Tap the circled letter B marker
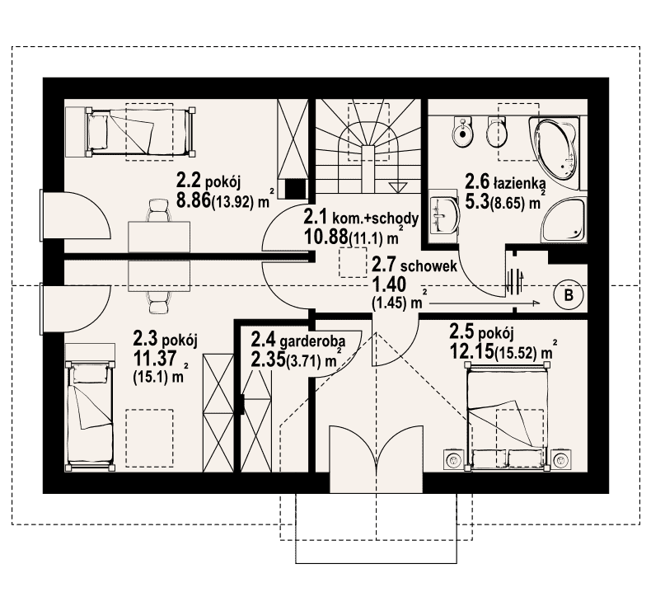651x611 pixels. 568,294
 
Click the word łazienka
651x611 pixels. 515,180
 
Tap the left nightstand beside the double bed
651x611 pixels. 453,458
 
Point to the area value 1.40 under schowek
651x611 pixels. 390,285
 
